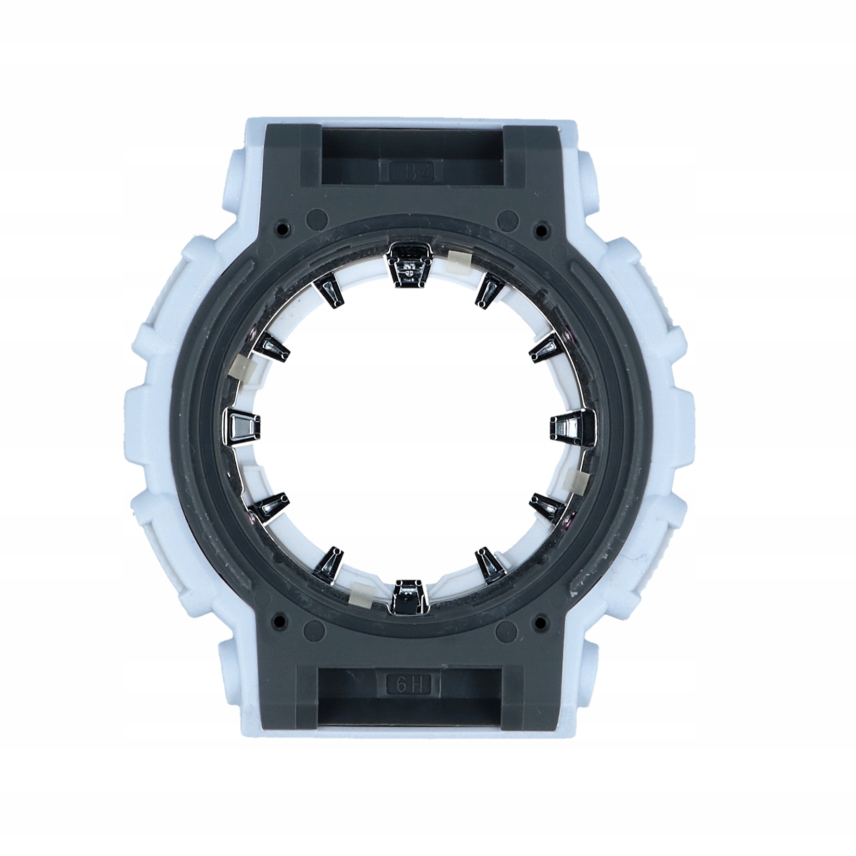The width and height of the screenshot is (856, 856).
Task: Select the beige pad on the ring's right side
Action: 578,480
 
